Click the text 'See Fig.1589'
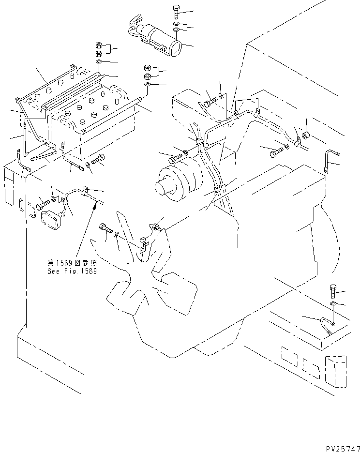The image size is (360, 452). point(72,271)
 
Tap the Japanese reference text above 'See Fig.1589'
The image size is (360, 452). point(71,263)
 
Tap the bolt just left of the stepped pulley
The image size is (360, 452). point(176,158)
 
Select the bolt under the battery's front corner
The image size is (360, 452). point(99,159)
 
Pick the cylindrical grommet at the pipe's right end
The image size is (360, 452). point(305,134)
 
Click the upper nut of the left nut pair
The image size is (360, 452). point(98,46)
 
